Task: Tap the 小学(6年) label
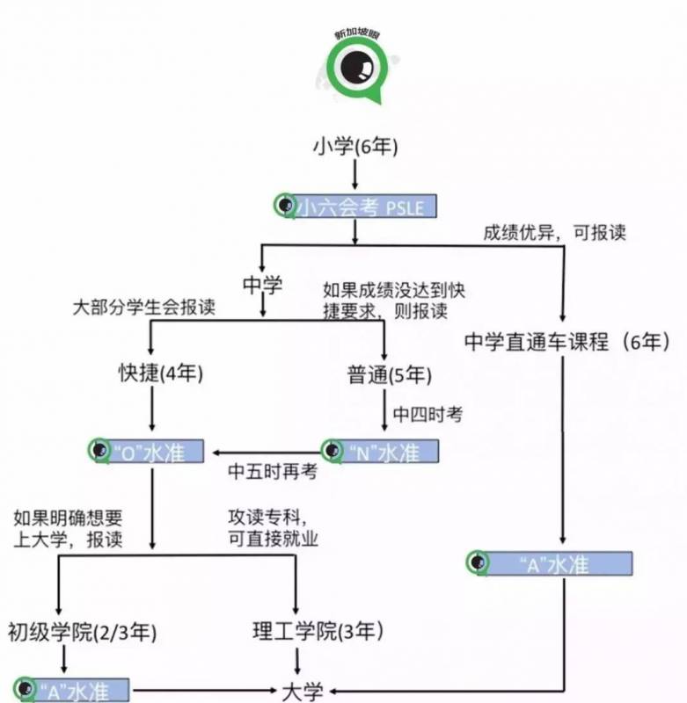353,146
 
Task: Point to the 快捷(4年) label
161,374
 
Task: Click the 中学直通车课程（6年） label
567,342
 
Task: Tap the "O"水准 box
147,452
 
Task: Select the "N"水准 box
379,452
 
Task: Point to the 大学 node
302,691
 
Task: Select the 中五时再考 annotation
273,471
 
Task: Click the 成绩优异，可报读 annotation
554,233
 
